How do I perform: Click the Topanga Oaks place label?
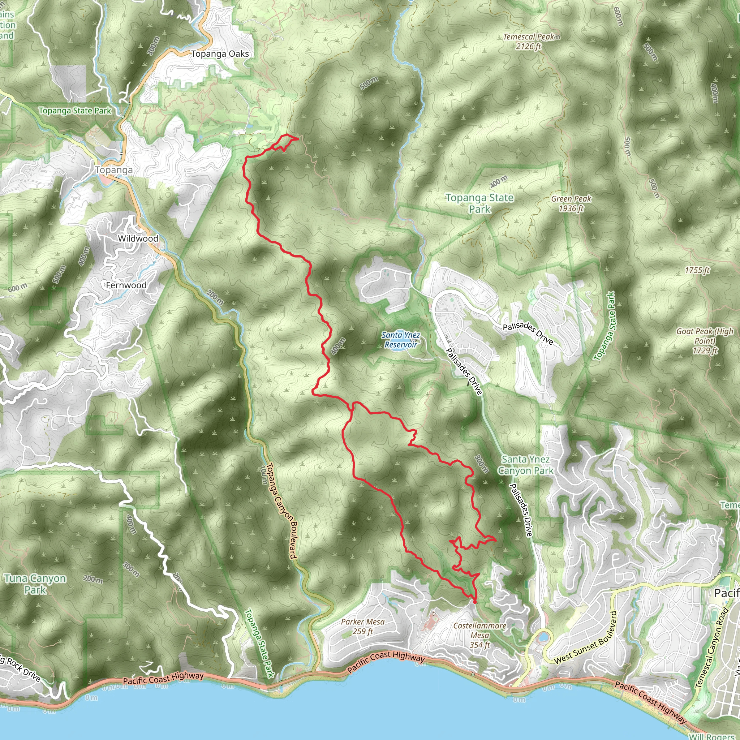pos(220,54)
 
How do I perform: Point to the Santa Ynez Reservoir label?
pos(401,340)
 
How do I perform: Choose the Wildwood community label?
pos(138,238)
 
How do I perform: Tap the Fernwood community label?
pos(126,285)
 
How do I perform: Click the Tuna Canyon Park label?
pos(35,584)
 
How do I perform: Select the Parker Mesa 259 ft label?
pos(362,626)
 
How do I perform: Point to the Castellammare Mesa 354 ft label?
pos(479,635)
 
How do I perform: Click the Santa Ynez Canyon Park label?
pos(525,465)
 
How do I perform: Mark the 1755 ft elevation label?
pos(697,270)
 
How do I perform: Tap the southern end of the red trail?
pos(475,602)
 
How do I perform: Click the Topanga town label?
pos(114,170)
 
